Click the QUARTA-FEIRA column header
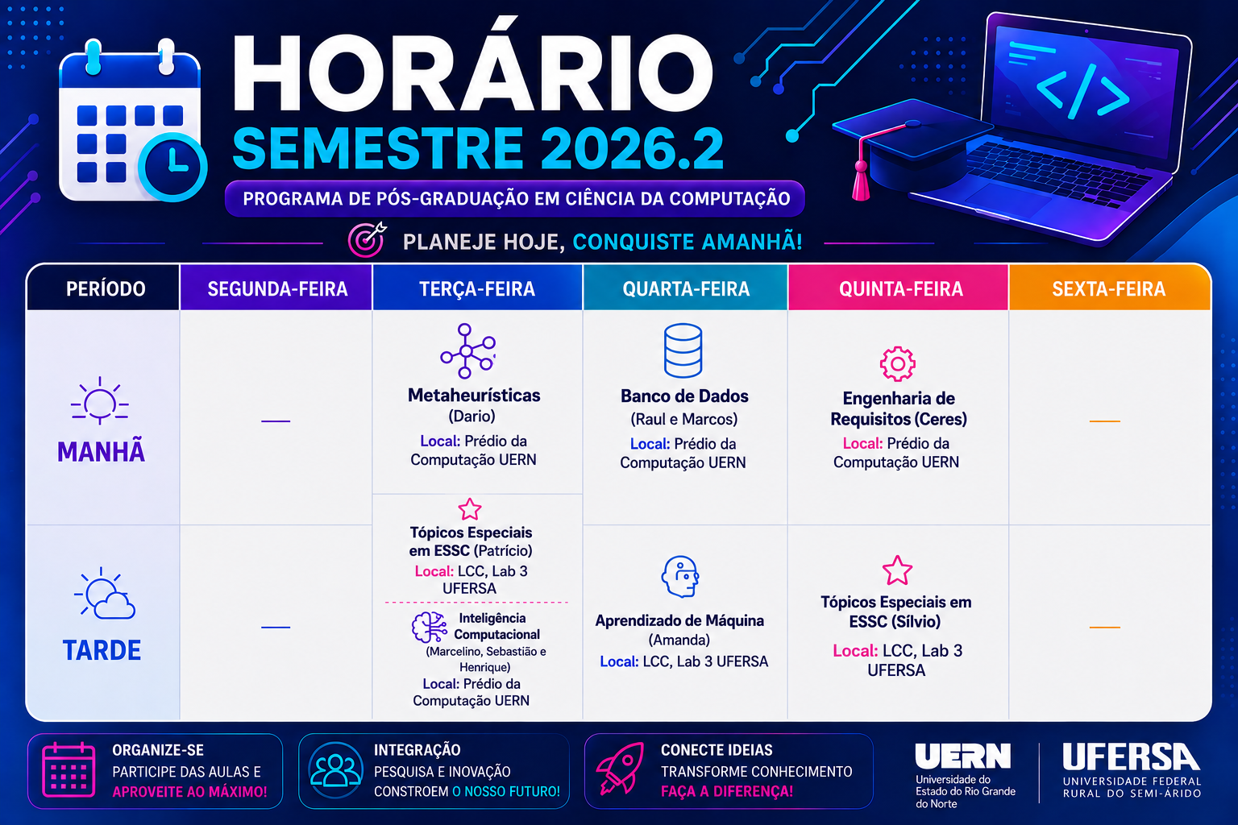[x=686, y=288]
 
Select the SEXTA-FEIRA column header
[x=1109, y=288]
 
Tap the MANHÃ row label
[x=101, y=451]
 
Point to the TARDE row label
[x=102, y=650]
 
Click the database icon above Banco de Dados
[x=683, y=350]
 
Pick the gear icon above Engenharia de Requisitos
[x=898, y=363]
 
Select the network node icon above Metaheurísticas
[x=467, y=351]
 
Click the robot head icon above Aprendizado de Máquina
[x=680, y=576]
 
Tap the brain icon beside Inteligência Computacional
[x=429, y=627]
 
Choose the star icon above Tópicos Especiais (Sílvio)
[x=897, y=570]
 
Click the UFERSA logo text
[x=1131, y=757]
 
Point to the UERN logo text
[x=962, y=756]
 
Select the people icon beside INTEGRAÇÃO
[x=335, y=769]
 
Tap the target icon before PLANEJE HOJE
[x=367, y=239]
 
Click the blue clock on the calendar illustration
[x=172, y=166]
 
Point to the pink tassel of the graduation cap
[x=861, y=180]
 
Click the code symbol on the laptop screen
[x=1082, y=90]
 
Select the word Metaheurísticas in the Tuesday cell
[x=474, y=396]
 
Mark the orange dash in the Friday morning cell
[x=1104, y=421]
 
